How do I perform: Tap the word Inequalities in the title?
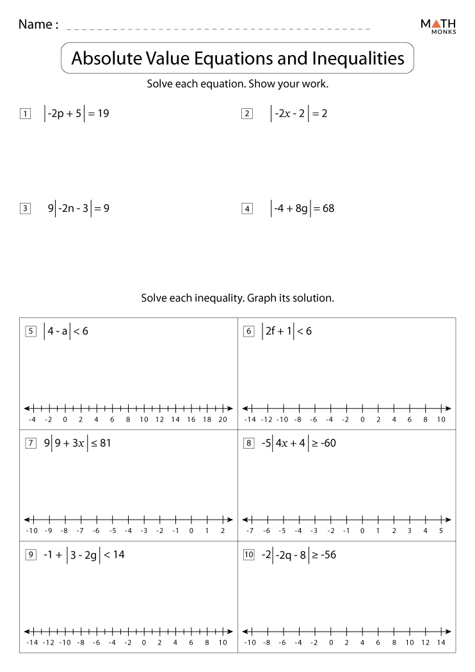(358, 59)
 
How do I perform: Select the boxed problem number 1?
(26, 115)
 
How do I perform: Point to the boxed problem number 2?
(247, 115)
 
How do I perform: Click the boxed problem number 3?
(26, 209)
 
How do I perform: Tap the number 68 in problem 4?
(327, 208)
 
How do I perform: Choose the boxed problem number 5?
(29, 332)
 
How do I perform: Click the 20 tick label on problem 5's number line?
(223, 420)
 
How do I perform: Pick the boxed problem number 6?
(248, 332)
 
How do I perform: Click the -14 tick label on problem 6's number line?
(250, 420)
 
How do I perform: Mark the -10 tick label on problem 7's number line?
(32, 531)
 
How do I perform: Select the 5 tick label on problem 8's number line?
(441, 531)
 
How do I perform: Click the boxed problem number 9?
(29, 556)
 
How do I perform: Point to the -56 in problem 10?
(326, 555)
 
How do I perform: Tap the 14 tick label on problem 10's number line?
(441, 642)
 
